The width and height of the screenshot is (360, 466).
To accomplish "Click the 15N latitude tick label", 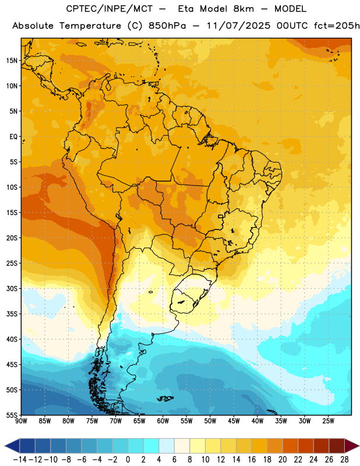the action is [12, 61].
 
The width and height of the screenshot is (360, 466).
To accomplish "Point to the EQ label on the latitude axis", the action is [13, 137].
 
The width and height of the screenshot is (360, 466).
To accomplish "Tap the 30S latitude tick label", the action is [12, 288].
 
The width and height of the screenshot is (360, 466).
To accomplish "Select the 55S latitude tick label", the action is [12, 415].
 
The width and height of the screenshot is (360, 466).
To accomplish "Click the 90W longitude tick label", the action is [21, 421].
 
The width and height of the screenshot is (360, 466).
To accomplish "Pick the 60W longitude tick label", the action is [163, 421].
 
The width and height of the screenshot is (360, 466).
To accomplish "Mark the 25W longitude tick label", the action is [328, 421].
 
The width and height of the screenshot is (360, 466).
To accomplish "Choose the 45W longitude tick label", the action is [234, 421].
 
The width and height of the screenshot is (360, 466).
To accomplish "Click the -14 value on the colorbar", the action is [20, 460].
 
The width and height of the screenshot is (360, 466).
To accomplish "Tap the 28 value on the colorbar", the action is [344, 460].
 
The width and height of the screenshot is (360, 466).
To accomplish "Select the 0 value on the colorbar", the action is [128, 460].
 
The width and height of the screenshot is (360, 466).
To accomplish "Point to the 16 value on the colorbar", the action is [252, 460].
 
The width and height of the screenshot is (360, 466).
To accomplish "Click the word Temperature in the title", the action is [90, 26].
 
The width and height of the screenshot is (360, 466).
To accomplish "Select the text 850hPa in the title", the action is [167, 26].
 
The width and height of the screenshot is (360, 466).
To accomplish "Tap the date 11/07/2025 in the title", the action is [238, 26].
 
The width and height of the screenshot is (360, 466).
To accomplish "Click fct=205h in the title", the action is [337, 26].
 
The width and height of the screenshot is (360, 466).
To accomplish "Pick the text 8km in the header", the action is [243, 9].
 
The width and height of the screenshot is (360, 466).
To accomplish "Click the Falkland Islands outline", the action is [165, 398].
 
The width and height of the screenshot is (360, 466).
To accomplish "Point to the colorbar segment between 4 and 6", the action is [167, 446].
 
